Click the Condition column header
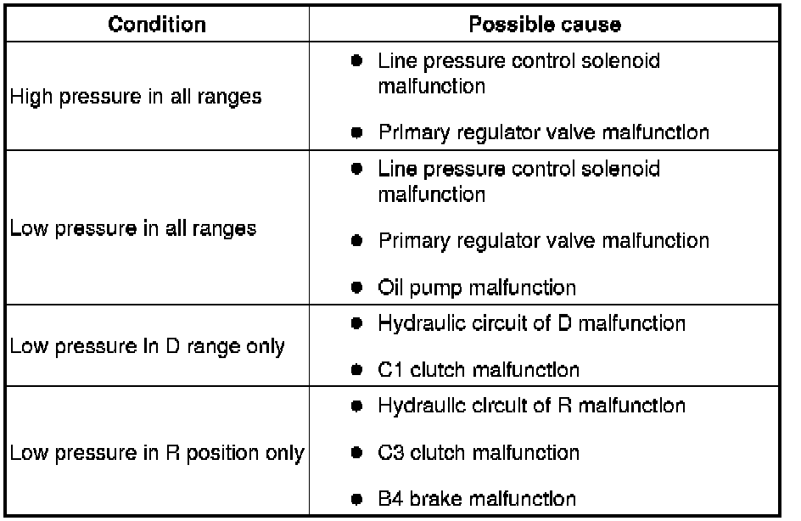157,24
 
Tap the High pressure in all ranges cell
135,97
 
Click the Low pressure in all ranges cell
132,228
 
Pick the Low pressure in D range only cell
147,346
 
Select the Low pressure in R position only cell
156,453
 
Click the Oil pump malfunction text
477,287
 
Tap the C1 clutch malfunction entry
479,370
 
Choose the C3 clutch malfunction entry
479,452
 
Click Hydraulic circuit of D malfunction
531,323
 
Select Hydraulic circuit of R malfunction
531,406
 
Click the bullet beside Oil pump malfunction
357,287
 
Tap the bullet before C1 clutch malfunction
357,370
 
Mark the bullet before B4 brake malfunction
357,499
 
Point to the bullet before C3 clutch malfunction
357,452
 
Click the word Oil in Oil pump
390,287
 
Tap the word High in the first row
29,97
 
